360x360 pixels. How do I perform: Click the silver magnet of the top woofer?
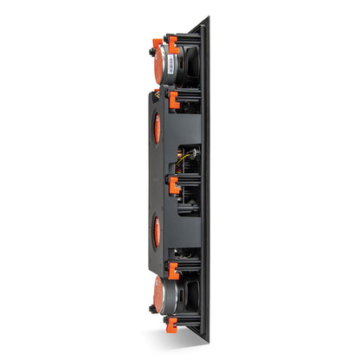pos(163,63)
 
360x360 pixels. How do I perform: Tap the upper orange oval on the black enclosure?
pos(157,128)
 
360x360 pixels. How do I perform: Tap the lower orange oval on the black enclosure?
pos(157,231)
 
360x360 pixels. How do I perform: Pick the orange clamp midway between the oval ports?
pos(173,183)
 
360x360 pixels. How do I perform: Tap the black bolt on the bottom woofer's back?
pos(152,307)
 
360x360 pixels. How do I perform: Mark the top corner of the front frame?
pos(206,18)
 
